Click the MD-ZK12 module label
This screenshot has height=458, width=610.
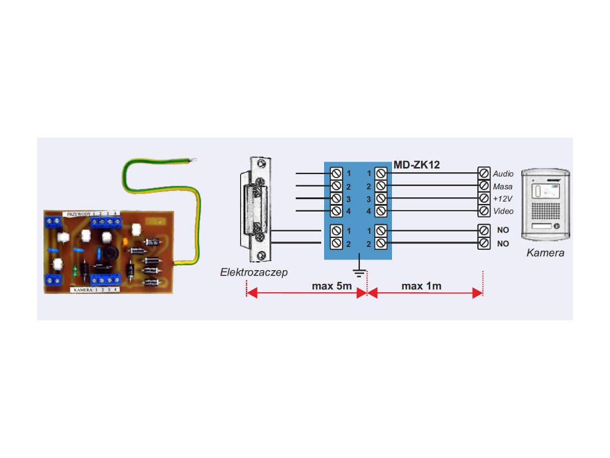416,165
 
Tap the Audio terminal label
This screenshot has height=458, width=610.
503,174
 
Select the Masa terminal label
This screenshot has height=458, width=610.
503,187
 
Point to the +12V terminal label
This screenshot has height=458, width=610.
503,199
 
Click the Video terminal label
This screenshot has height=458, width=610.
503,211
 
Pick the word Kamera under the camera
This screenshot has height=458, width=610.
545,253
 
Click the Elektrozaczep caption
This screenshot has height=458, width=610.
254,272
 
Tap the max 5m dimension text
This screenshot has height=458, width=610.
332,286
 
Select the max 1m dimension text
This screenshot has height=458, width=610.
421,286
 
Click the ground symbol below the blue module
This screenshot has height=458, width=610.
359,273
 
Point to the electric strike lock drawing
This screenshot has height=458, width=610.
258,209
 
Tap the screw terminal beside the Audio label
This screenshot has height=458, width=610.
484,174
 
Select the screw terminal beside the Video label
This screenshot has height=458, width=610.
484,211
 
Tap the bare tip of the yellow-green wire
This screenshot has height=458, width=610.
192,159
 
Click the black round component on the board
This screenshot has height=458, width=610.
110,255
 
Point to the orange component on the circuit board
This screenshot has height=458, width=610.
126,242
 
